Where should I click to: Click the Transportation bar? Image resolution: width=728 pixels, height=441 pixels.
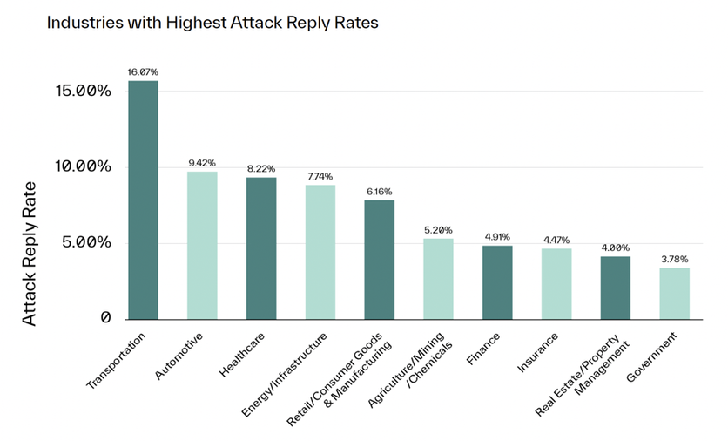143,200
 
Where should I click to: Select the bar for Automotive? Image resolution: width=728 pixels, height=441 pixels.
202,245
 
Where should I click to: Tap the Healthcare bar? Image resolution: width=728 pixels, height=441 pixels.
261,248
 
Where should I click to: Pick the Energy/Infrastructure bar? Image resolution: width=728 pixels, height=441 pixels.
320,252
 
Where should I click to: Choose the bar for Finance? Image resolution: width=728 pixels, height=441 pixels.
497,282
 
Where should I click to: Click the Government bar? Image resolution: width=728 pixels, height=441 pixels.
674,293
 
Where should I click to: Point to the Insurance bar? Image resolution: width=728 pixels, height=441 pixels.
556,284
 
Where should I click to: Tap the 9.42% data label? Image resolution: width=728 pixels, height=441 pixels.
202,162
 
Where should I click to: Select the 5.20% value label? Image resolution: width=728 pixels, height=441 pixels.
438,229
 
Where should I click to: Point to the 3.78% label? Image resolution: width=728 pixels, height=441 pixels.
674,259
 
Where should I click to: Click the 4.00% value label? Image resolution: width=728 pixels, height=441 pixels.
615,248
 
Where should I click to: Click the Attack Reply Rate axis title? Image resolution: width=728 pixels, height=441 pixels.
30,254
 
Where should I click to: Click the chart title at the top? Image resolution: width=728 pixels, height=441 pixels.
212,23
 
